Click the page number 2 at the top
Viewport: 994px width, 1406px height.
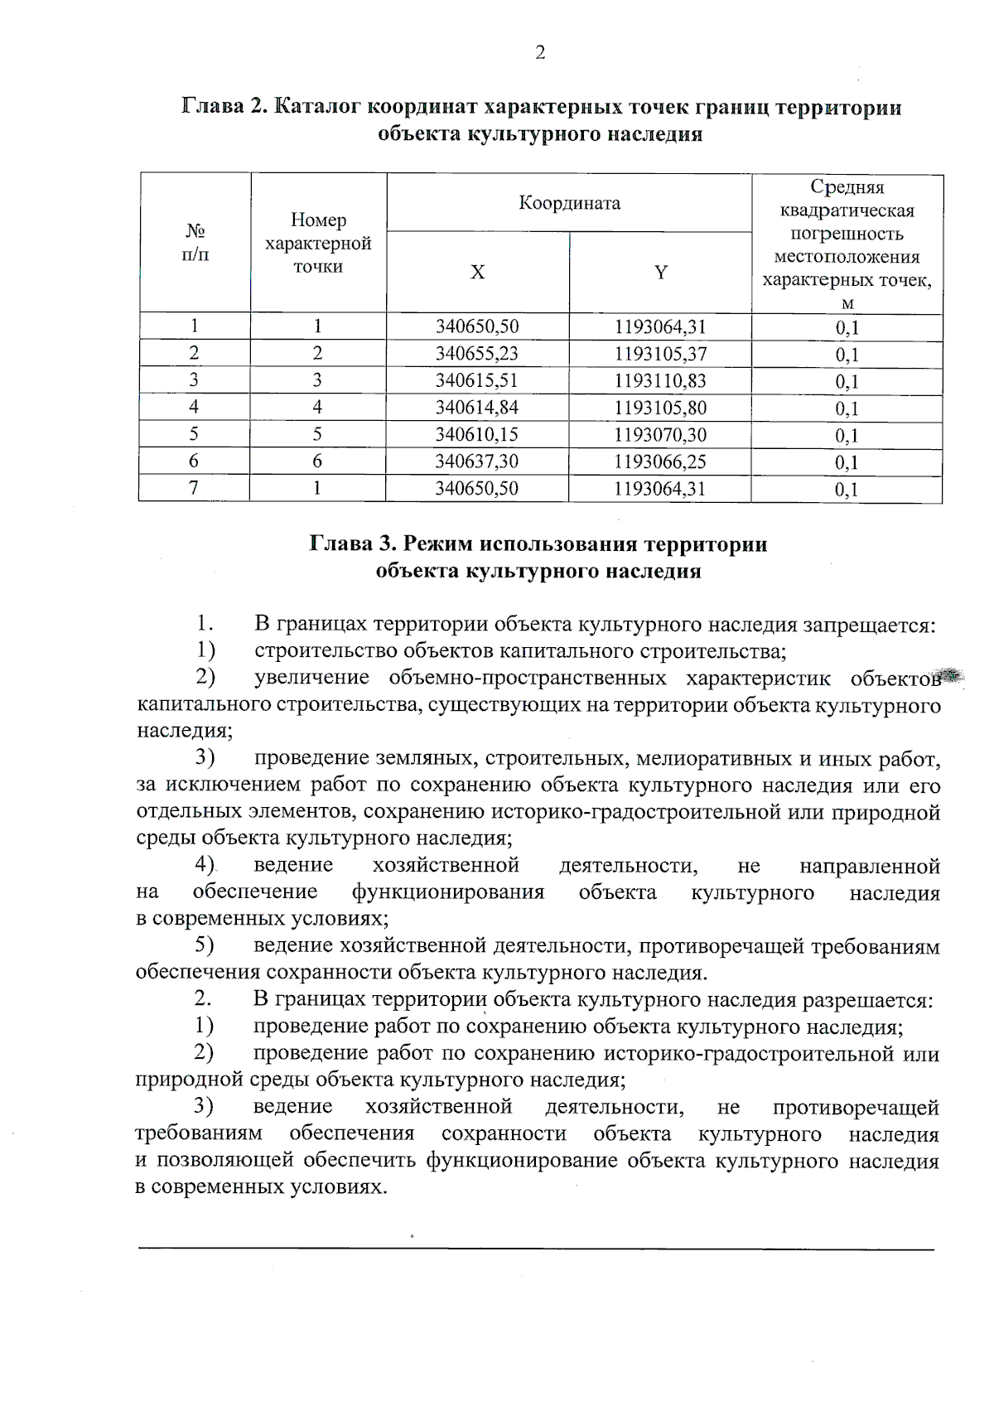tap(540, 53)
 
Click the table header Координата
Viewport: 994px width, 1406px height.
tap(569, 203)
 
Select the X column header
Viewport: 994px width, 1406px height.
tap(477, 273)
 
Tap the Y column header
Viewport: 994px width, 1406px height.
tap(660, 273)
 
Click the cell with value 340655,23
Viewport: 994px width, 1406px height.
tap(477, 354)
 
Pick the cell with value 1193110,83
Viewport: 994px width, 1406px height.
tap(660, 381)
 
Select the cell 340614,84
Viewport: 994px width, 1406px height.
tap(477, 408)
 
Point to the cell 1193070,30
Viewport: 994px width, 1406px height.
tap(660, 435)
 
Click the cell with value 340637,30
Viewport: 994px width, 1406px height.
tap(477, 461)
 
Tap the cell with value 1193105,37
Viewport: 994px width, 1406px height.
tap(660, 354)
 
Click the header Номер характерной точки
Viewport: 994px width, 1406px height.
tap(317, 244)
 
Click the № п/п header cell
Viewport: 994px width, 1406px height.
tap(195, 242)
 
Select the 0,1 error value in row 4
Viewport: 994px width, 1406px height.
tap(847, 408)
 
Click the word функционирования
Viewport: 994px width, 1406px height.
tap(448, 892)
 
